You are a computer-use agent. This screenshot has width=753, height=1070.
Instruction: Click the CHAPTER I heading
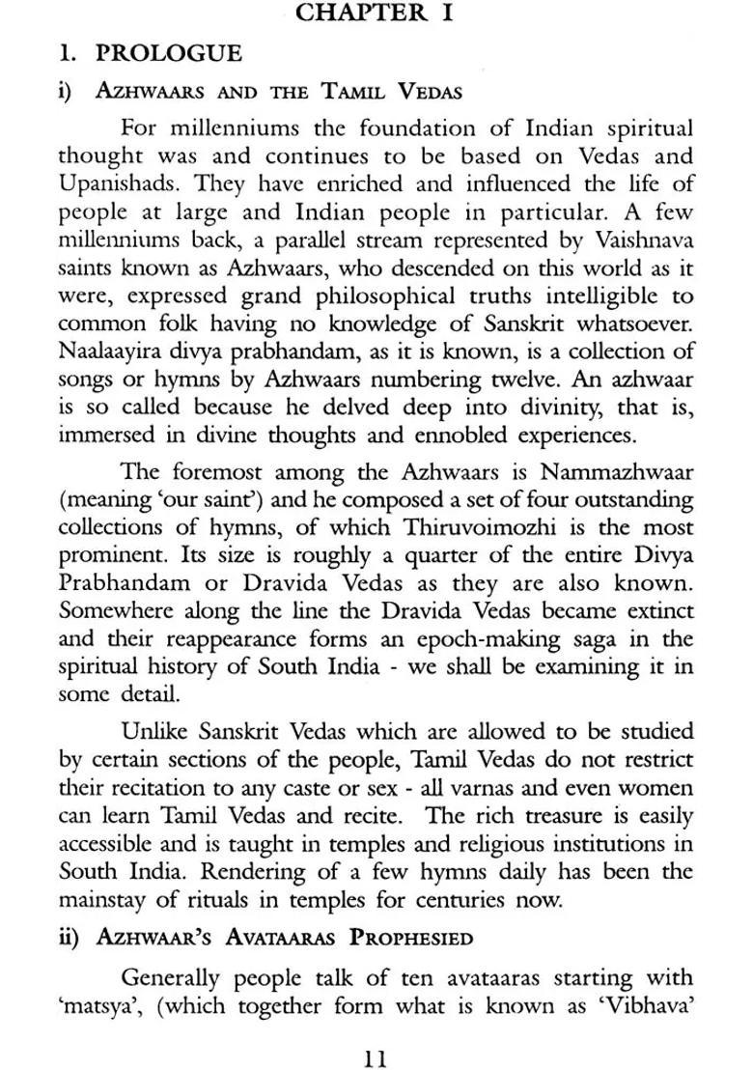tap(375, 13)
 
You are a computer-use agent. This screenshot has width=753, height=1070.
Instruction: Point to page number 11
tap(375, 1034)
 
